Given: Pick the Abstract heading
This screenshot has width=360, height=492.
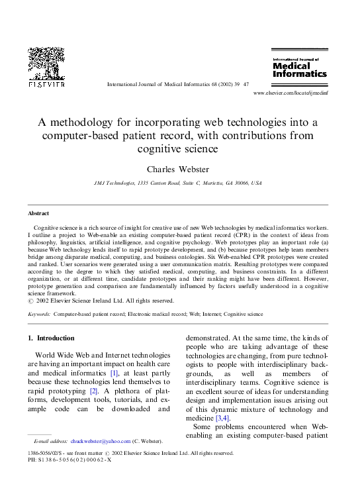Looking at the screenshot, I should [x=38, y=214].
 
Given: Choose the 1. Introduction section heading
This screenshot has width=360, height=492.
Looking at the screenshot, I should [x=56, y=338].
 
